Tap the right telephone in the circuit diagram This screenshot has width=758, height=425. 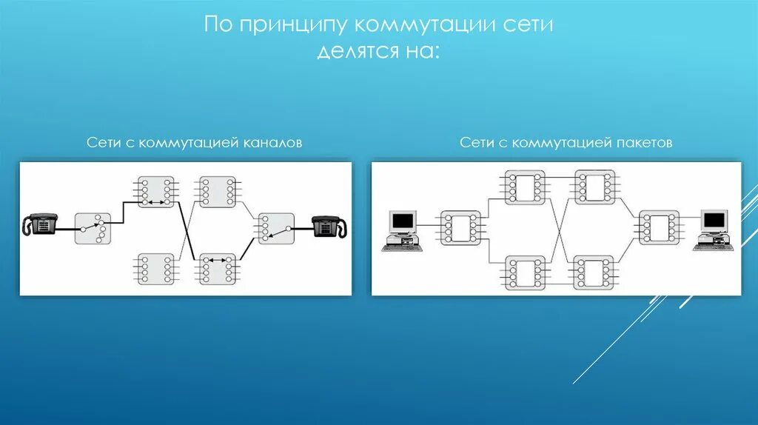[329, 225]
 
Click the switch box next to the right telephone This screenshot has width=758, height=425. [275, 228]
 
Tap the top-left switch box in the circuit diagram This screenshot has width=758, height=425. [155, 192]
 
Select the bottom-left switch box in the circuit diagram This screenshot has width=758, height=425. [155, 269]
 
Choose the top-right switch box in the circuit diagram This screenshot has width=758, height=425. [217, 192]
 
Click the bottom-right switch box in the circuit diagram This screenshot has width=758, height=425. [217, 269]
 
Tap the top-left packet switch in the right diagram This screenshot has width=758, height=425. [525, 187]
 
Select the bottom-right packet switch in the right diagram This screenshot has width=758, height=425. [594, 272]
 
